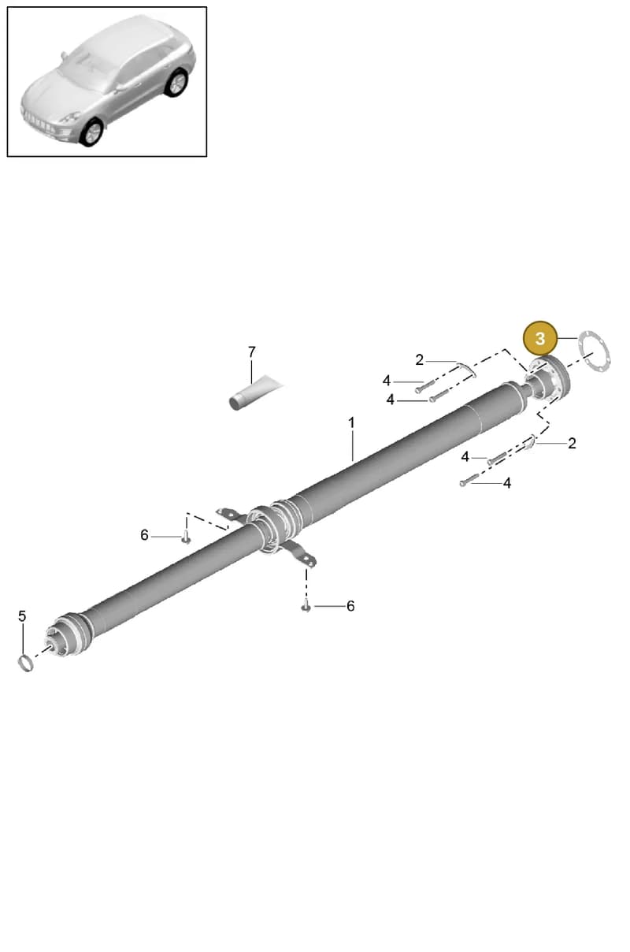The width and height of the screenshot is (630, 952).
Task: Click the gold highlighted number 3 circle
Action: pos(539,338)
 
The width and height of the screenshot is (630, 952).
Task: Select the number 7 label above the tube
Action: pos(252,352)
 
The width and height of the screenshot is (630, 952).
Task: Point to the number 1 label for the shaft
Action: pos(351,423)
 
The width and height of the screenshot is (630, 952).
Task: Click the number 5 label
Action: pos(22,615)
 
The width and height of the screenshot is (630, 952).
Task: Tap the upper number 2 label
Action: pos(419,360)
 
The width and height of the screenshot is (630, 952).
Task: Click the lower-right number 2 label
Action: pos(572,443)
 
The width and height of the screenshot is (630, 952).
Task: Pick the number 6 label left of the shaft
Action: pos(144,535)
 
